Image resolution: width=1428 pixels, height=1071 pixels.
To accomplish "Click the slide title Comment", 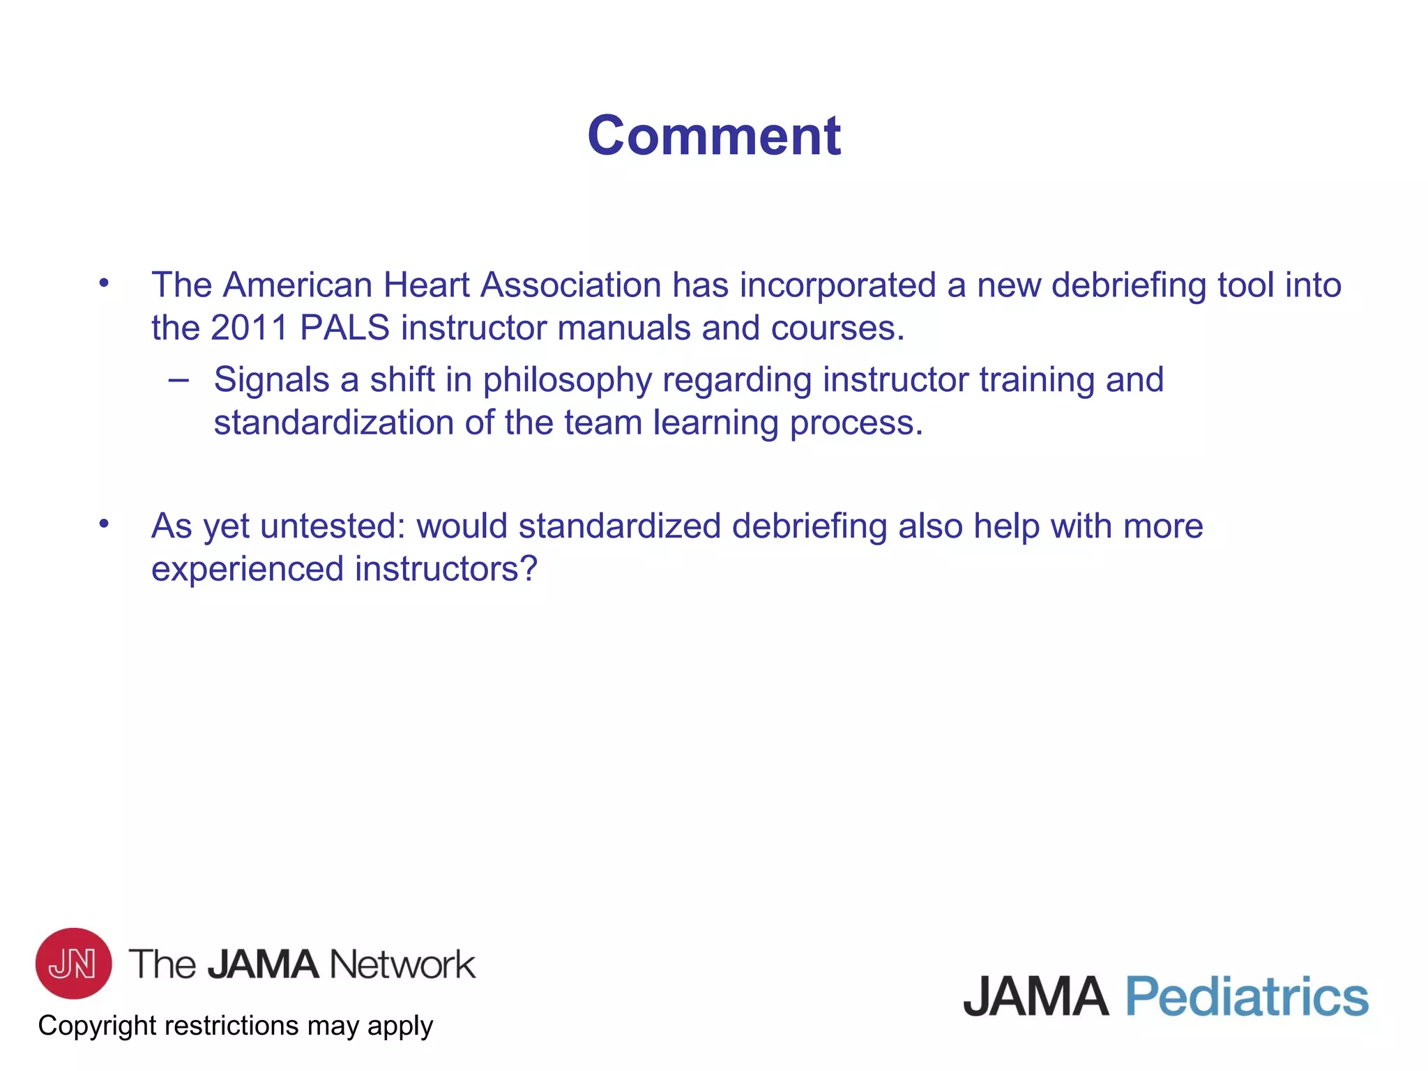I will [714, 135].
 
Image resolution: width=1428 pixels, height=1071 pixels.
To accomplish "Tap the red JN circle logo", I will [73, 963].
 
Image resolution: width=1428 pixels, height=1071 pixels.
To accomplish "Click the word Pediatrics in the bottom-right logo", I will [1247, 996].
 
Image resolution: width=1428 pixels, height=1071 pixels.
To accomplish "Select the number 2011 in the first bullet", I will [249, 328].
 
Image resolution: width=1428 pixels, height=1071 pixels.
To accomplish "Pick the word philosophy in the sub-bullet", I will [567, 381].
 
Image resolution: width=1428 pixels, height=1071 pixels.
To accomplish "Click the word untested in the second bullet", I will [333, 526].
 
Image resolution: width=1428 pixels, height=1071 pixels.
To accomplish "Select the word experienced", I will [248, 569].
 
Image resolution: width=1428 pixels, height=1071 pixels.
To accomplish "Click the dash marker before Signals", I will [178, 380].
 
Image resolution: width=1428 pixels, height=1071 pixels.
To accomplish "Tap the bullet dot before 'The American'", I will [104, 282].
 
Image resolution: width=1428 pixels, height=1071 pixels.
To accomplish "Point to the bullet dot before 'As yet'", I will [104, 523].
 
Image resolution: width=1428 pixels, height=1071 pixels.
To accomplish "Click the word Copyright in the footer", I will [97, 1026].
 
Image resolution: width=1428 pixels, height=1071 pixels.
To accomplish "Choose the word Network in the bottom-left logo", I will [402, 964].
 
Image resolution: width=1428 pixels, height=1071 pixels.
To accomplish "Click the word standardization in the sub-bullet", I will [334, 423].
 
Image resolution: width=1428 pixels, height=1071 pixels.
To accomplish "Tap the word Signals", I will [271, 381].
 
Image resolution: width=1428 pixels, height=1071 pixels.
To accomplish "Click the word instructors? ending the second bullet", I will [446, 569].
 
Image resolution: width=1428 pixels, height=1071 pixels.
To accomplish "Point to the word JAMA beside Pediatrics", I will [1035, 996].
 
